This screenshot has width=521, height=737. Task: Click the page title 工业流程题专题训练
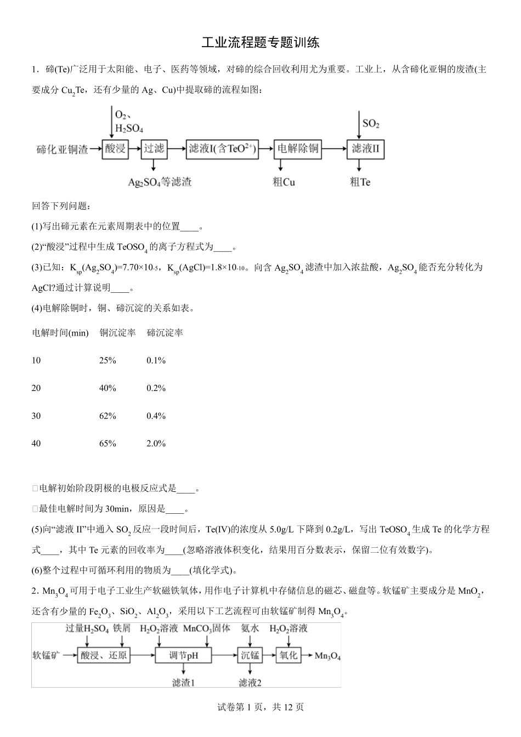tap(260, 43)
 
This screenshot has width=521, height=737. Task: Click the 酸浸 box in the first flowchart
tap(115, 149)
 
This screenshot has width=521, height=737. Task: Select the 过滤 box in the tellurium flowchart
tap(154, 149)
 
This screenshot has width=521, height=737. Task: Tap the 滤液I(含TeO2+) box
tap(222, 149)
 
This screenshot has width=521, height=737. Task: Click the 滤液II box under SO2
tap(365, 149)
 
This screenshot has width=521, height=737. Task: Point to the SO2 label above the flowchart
tap(371, 123)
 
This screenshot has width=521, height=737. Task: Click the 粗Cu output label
tap(284, 182)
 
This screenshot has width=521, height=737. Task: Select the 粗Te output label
tap(360, 182)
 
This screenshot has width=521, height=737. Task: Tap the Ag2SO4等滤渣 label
tap(160, 182)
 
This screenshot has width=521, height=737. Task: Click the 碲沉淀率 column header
tap(165, 333)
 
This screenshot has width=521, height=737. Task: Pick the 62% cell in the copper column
tap(107, 416)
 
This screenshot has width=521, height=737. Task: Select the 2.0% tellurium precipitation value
tap(156, 443)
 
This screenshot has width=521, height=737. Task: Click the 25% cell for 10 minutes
tap(107, 360)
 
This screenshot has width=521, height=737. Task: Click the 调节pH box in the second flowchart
tap(184, 655)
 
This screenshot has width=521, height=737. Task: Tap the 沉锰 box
tap(250, 655)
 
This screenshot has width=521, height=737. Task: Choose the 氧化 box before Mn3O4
tap(288, 655)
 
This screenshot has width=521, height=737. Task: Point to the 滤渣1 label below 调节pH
tap(184, 682)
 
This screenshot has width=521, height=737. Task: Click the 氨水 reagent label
tap(250, 628)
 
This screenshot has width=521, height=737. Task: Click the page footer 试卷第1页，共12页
tap(260, 707)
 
